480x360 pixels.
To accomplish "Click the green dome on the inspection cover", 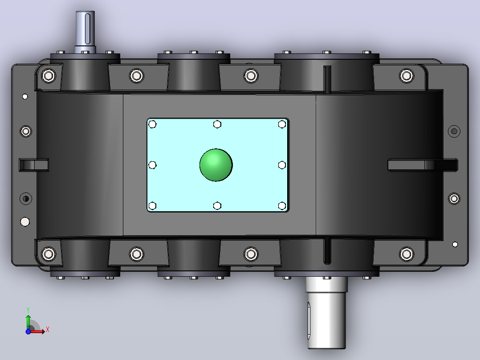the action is [216, 165].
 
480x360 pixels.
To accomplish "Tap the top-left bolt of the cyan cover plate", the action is [152, 124].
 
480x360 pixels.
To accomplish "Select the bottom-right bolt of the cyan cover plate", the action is [282, 205].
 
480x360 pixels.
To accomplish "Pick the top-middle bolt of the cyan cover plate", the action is [217, 124].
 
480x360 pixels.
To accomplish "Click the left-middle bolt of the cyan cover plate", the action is [152, 165].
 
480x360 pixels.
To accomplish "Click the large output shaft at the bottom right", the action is [326, 312].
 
